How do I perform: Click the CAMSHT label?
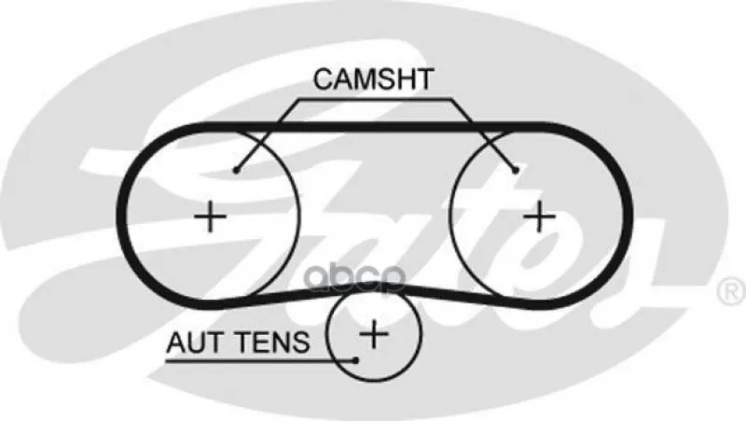click(374, 79)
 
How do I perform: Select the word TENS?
click(273, 343)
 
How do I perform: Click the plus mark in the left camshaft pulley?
click(210, 217)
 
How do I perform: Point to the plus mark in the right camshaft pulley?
click(539, 217)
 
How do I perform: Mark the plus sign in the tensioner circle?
click(375, 334)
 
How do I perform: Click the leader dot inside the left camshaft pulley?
click(236, 170)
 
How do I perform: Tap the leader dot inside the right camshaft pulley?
click(516, 170)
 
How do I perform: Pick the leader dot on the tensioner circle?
click(356, 360)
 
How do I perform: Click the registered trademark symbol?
click(731, 291)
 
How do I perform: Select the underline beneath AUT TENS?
click(260, 361)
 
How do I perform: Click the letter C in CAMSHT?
click(324, 79)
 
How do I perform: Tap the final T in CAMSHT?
click(424, 79)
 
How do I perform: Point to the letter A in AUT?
click(176, 343)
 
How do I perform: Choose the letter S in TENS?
click(300, 343)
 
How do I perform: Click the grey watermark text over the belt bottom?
click(355, 278)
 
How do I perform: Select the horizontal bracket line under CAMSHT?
click(375, 100)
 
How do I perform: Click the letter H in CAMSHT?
click(404, 79)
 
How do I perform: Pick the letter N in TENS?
click(281, 343)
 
